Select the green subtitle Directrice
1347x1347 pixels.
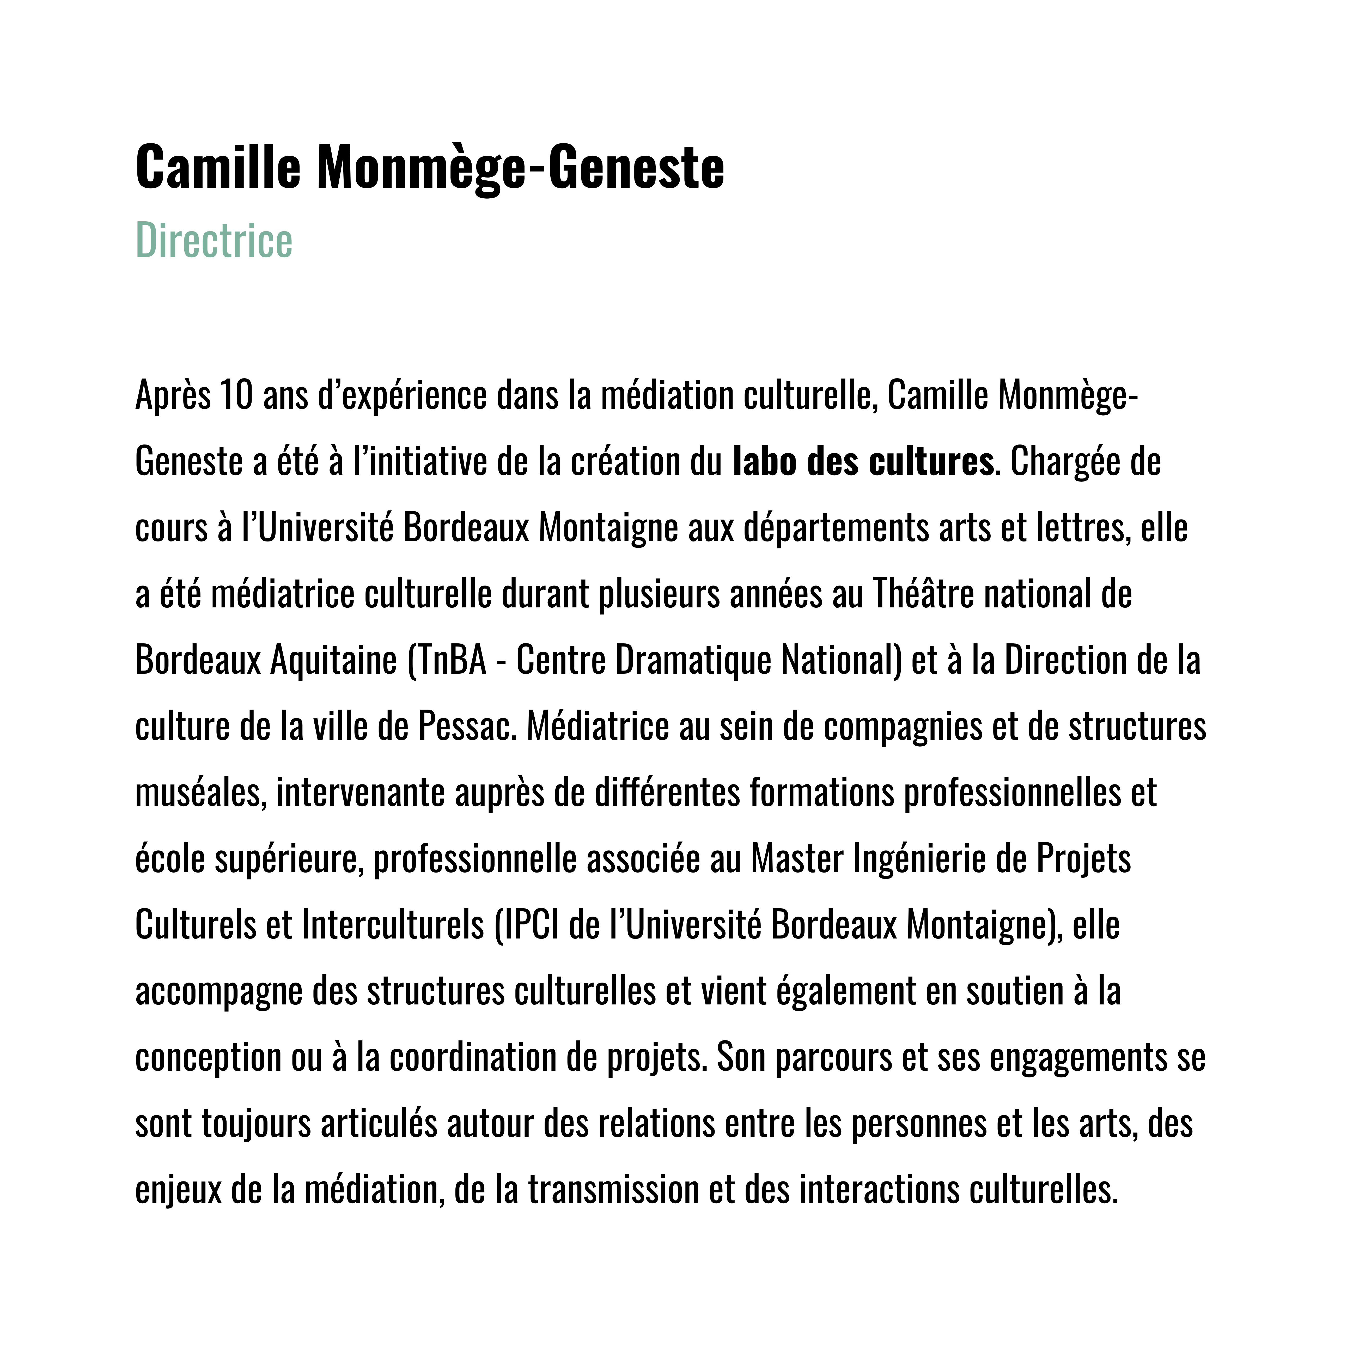pos(214,241)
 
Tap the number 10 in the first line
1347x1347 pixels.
pos(236,395)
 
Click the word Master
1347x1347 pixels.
pos(797,859)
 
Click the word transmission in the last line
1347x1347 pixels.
pos(613,1190)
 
